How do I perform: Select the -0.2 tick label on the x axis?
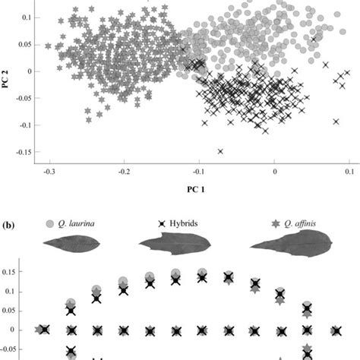point(123,173)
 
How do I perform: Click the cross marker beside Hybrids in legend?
point(162,226)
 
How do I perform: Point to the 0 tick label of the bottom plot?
point(19,330)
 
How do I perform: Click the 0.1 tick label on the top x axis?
point(349,173)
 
